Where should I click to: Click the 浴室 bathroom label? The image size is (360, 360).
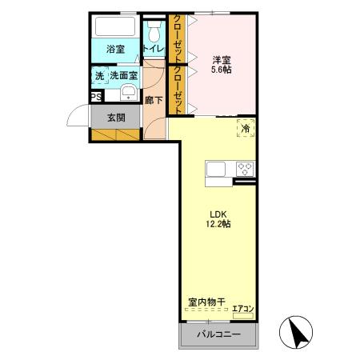(113, 49)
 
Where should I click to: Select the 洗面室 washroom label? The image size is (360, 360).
(123, 76)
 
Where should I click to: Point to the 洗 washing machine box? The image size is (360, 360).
(99, 76)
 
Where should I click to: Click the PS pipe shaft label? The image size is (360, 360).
(95, 98)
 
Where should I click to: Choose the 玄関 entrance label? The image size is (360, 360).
(114, 118)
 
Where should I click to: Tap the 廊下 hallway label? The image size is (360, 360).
(154, 102)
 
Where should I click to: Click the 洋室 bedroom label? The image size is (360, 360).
(222, 59)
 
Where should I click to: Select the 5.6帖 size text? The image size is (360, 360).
(222, 70)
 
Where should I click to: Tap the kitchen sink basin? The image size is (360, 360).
(218, 169)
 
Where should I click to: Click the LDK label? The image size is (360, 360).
(218, 214)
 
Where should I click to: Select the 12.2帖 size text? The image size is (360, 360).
(218, 225)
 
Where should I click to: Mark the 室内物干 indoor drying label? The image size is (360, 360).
(206, 302)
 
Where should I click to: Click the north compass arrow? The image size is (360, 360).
(295, 330)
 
